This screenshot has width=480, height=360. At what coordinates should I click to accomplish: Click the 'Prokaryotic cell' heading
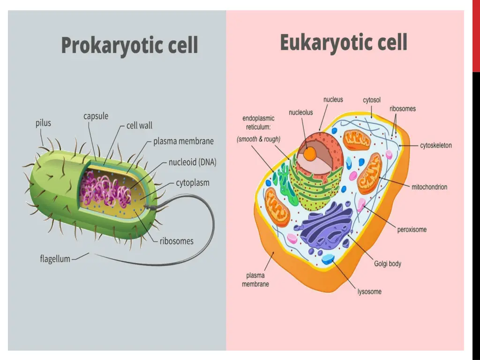click(x=129, y=46)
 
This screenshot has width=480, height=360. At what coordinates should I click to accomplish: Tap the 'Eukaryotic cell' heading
click(x=343, y=43)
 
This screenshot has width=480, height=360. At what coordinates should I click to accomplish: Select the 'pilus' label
click(x=43, y=124)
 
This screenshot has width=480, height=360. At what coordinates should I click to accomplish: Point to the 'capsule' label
click(x=96, y=116)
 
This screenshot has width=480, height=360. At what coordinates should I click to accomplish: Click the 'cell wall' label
click(x=139, y=126)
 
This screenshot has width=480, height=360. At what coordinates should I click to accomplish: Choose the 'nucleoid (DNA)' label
click(x=192, y=163)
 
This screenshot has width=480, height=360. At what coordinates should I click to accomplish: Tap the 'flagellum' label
click(x=55, y=259)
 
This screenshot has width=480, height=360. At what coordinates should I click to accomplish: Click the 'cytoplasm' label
click(x=192, y=183)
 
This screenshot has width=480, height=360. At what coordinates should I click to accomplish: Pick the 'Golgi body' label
click(x=388, y=263)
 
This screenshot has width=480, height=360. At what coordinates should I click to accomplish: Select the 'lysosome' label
click(x=369, y=292)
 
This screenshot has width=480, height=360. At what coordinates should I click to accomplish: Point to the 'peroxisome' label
click(x=412, y=230)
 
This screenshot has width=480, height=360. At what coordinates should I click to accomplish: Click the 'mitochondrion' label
click(x=429, y=187)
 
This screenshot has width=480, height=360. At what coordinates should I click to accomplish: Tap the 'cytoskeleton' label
click(x=436, y=145)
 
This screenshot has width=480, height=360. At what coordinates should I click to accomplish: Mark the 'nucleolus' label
click(x=300, y=112)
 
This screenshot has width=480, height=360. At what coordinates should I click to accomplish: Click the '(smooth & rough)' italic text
click(x=259, y=139)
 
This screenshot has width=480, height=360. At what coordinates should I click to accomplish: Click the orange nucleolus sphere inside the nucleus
click(x=309, y=153)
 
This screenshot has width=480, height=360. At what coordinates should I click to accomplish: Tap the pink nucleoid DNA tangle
click(x=105, y=190)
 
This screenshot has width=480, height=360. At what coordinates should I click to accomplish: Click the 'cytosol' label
click(x=372, y=100)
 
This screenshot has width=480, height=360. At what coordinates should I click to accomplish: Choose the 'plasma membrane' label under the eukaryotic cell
click(x=255, y=280)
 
